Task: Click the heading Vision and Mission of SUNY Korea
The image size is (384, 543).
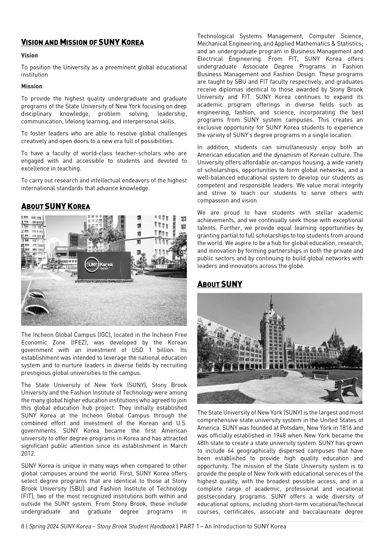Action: tap(82, 43)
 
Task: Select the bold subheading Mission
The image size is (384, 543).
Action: tap(31, 87)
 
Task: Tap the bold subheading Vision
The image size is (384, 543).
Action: tap(29, 55)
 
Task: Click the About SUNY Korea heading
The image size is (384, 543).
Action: tap(55, 206)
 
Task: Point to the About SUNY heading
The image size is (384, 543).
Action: tap(219, 284)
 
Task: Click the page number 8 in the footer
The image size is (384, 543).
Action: tap(23, 527)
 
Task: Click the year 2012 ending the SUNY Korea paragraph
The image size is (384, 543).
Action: tap(28, 454)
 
